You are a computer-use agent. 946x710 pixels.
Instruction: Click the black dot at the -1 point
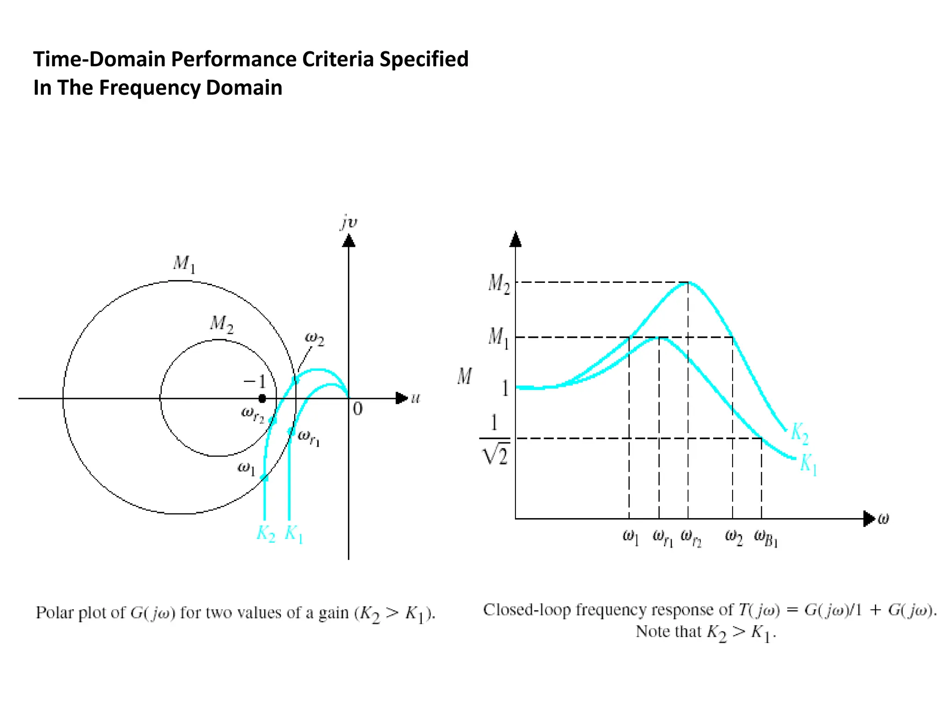tap(262, 398)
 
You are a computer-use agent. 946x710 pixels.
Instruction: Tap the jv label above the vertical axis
tap(349, 223)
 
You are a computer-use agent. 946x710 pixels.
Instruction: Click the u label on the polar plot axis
tap(416, 398)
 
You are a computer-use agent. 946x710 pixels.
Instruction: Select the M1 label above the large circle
tap(184, 264)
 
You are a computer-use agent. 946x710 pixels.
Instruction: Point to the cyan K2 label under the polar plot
tap(266, 533)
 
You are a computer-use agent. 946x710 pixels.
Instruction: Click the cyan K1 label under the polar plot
tap(294, 533)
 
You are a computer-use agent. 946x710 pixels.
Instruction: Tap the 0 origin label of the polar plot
tap(358, 409)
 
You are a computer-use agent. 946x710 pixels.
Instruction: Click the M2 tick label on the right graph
tap(499, 283)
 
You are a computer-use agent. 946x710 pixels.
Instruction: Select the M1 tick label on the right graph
tap(498, 337)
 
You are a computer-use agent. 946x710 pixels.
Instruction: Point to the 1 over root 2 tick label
tap(495, 439)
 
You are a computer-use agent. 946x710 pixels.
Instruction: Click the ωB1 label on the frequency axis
tap(766, 538)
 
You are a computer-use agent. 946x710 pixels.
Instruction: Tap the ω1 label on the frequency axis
tap(631, 537)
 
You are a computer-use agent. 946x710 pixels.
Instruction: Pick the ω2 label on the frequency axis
tap(734, 537)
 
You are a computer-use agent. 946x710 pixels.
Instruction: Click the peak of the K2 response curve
tap(688, 282)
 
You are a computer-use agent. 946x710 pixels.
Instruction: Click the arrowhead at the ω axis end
tap(869, 519)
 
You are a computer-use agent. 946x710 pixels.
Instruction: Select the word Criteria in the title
tap(338, 59)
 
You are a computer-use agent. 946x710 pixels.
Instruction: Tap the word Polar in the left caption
tap(55, 612)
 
